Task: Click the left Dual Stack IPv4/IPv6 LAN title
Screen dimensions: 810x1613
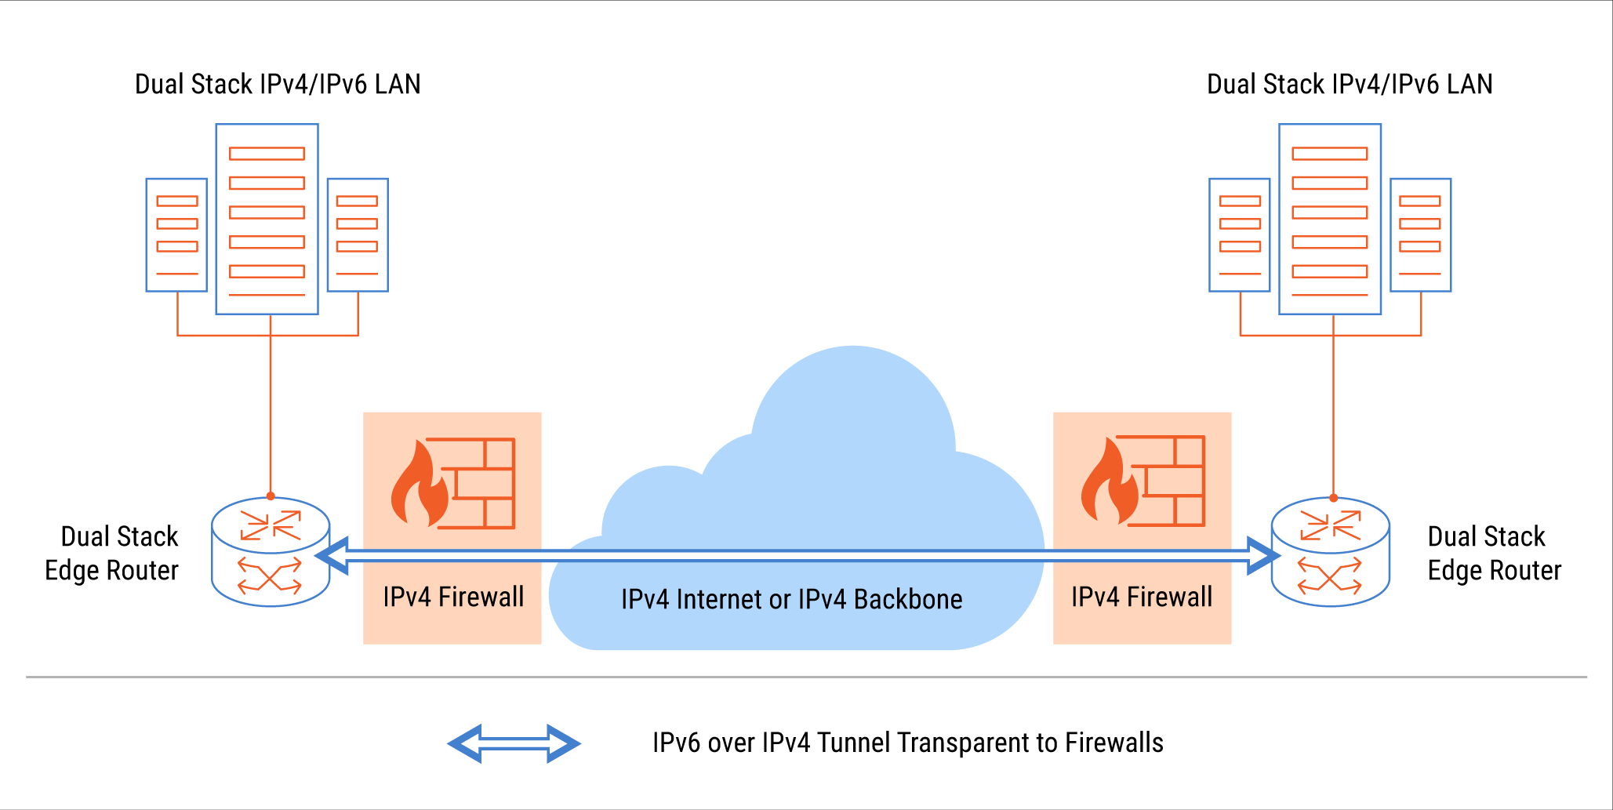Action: point(278,84)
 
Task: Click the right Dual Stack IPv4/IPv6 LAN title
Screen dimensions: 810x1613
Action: point(1349,84)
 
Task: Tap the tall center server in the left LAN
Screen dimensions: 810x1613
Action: point(267,219)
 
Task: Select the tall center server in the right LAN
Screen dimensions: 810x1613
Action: point(1329,219)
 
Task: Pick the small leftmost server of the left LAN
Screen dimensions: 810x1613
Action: point(176,234)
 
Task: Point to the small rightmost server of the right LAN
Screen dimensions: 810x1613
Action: point(1420,234)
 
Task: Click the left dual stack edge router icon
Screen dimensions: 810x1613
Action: point(271,552)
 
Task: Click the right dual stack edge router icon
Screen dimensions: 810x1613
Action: point(1330,552)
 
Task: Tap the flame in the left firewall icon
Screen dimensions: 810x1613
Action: point(419,486)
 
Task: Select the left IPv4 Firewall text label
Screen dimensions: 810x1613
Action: point(453,597)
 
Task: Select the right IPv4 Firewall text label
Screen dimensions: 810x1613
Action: point(1142,597)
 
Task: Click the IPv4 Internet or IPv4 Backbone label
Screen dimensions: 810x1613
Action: point(791,599)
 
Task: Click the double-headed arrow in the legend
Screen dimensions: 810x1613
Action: point(514,743)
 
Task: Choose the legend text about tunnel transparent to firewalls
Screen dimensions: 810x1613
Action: point(907,743)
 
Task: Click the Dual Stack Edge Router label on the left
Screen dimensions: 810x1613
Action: point(112,553)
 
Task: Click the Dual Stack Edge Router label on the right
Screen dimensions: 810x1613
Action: point(1494,553)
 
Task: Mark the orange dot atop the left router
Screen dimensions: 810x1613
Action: point(271,496)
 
